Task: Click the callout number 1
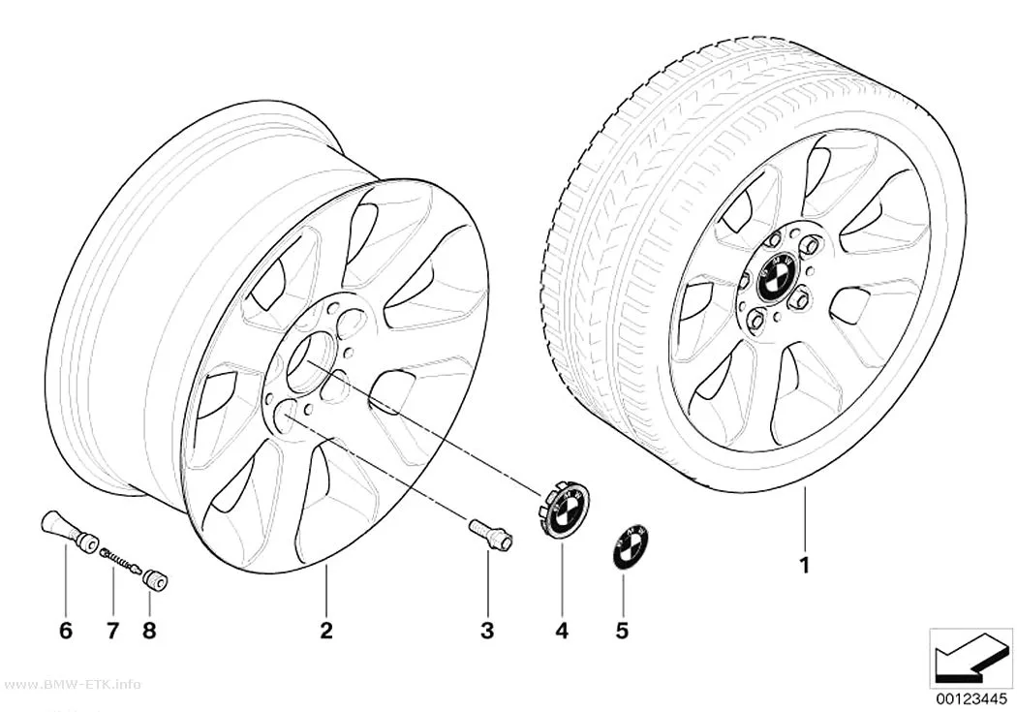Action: [804, 566]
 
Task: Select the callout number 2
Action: [325, 630]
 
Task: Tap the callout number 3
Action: [487, 630]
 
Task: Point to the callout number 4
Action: [562, 630]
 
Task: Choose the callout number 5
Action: [622, 630]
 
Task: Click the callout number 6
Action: [66, 630]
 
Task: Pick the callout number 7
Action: [113, 630]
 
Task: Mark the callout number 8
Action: [149, 630]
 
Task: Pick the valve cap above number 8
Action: [156, 578]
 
